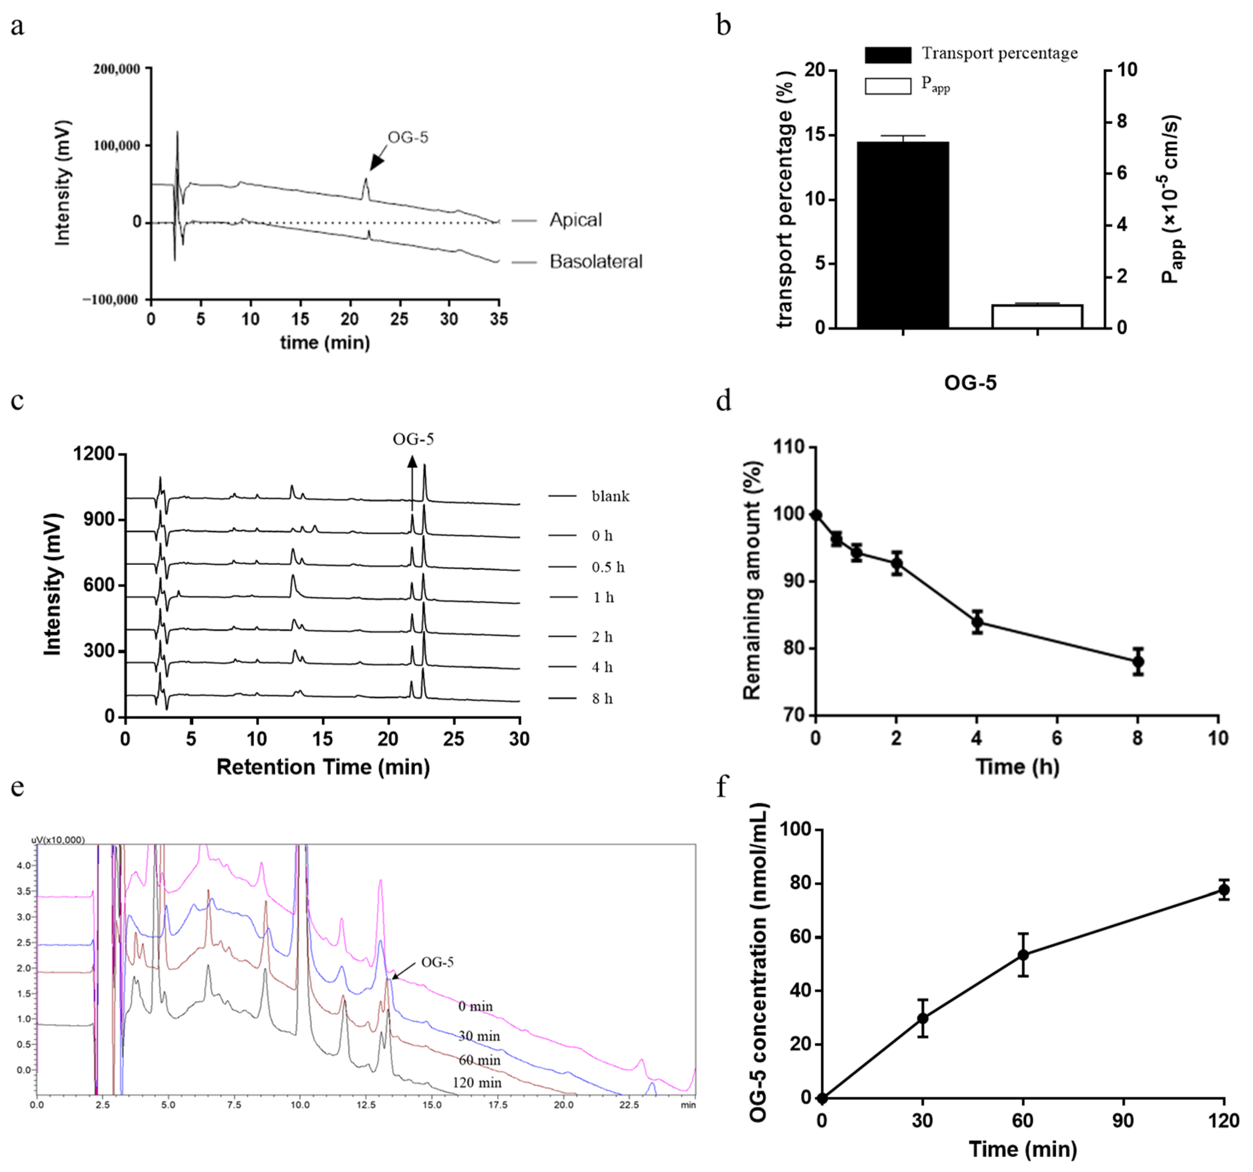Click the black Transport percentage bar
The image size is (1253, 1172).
coord(903,235)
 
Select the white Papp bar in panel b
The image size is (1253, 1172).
coord(1037,316)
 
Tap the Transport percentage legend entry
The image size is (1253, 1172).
coord(999,54)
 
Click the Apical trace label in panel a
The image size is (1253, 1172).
coord(575,220)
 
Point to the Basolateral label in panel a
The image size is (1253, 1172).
coord(595,262)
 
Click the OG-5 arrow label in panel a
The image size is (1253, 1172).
coord(408,137)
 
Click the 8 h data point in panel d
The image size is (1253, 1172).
coord(1138,661)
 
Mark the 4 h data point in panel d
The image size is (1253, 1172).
coord(977,622)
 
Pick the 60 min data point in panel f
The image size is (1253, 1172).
coord(1023,955)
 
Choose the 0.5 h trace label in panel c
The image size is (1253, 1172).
coord(608,567)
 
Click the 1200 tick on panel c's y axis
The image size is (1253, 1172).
coord(95,454)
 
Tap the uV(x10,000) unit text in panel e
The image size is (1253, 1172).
coord(58,840)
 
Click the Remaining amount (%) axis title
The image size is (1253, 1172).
coord(752,580)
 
